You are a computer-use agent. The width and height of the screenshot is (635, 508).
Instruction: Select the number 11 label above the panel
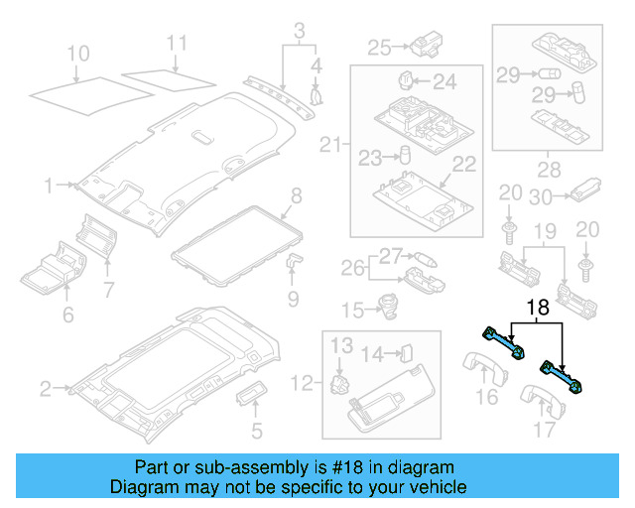(176, 43)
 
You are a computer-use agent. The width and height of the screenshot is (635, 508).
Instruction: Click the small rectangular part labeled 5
(249, 397)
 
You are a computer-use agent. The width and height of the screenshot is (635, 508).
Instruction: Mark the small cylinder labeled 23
(406, 155)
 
